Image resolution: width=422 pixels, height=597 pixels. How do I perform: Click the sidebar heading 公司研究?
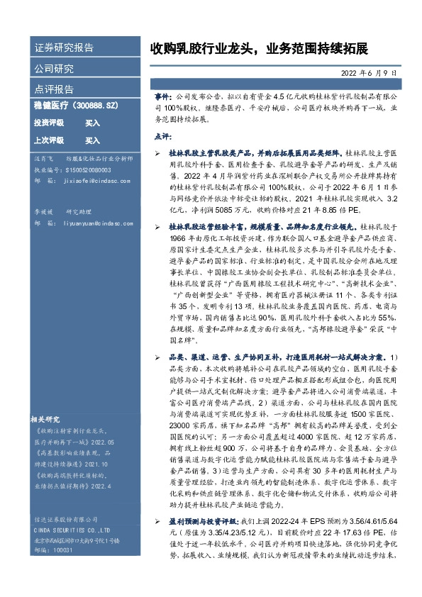54,69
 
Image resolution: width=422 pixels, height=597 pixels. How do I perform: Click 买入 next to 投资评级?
92,123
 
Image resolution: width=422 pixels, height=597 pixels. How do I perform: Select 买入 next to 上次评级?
92,140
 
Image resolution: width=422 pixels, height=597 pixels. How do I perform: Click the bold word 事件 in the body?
162,94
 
